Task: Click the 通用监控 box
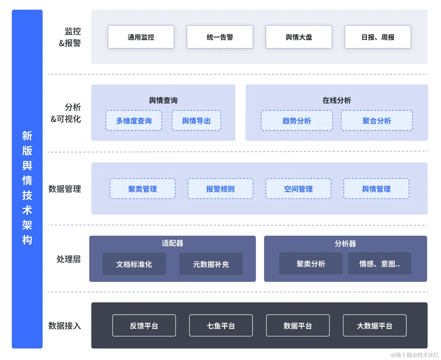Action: [141, 37]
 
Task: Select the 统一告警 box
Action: [220, 37]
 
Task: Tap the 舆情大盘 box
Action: [299, 37]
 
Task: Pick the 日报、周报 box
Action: [378, 37]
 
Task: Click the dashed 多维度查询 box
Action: [134, 121]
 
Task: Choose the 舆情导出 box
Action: [196, 121]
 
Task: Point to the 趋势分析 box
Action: [297, 121]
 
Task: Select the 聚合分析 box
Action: [377, 121]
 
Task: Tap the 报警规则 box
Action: [220, 189]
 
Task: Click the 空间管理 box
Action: [298, 189]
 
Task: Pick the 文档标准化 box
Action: [134, 264]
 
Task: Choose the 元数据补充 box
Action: [211, 264]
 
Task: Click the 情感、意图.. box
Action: [379, 264]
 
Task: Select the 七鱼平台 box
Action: [221, 326]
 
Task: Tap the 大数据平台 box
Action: [375, 326]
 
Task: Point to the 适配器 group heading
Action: [172, 243]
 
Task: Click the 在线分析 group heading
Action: [336, 100]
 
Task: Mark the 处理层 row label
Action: [69, 259]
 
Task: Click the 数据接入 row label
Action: [65, 326]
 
